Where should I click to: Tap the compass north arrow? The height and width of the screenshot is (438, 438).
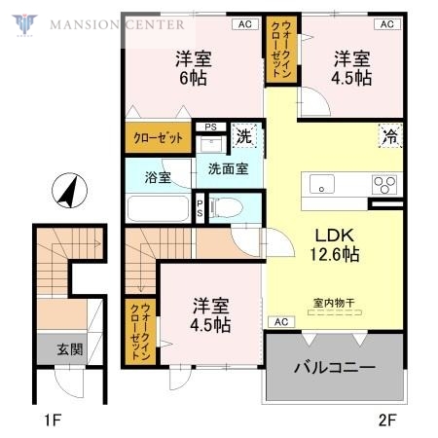[x=69, y=191]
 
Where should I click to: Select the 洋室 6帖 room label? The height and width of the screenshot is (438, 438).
[x=194, y=67]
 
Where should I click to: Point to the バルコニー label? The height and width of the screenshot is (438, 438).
[x=335, y=369]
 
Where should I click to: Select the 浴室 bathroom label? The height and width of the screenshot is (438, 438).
[x=159, y=177]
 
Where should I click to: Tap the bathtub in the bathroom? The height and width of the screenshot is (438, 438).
[x=158, y=209]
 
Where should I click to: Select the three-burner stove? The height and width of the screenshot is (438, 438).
[x=383, y=183]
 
